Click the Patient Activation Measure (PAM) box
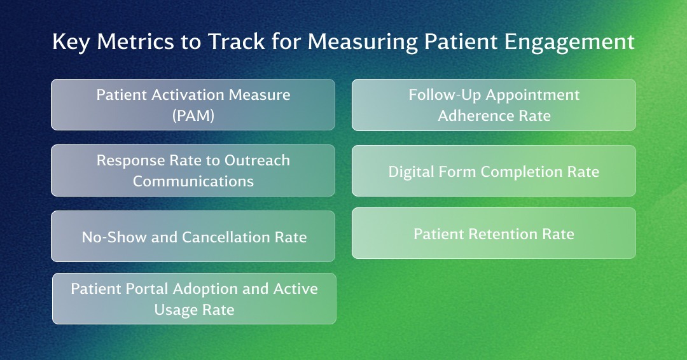(193, 105)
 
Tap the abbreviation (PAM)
(193, 116)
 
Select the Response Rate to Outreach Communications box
(193, 170)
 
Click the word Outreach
(257, 160)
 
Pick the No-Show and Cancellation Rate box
(193, 236)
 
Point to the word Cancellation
(226, 237)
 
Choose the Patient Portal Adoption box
(194, 299)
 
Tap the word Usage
(174, 310)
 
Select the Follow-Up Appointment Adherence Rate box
(494, 105)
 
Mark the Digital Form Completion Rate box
(494, 170)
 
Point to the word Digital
(410, 172)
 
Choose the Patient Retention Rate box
(494, 233)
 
